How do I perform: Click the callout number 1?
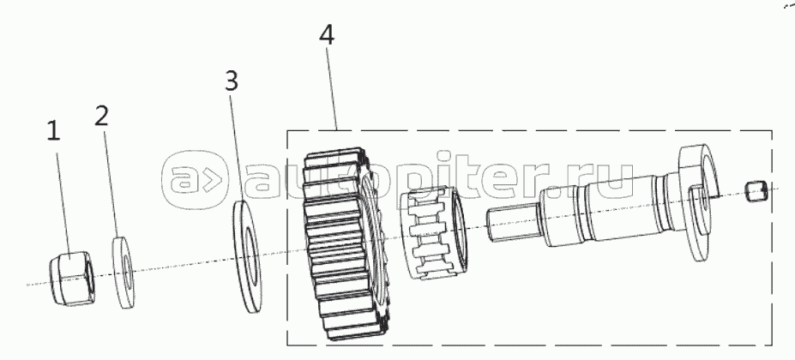tap(53, 132)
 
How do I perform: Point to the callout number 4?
tap(326, 36)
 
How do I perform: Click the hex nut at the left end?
tap(72, 277)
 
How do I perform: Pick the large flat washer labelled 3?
tap(250, 257)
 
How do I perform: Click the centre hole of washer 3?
tap(251, 255)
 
